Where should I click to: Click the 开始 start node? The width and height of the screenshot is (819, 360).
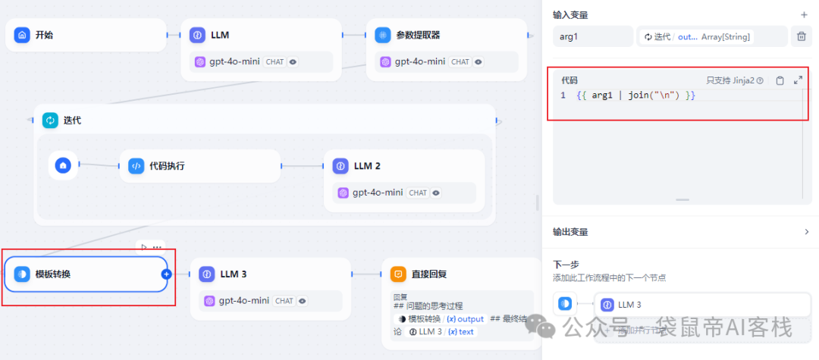[x=44, y=35]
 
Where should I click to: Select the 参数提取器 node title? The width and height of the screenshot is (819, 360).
[x=418, y=35]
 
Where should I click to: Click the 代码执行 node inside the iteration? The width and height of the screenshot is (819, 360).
[x=166, y=165]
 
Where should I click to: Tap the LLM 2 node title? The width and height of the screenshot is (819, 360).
[x=367, y=165]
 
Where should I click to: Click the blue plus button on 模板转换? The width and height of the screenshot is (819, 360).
[x=167, y=274]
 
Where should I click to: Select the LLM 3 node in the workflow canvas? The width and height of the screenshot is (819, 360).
[x=233, y=274]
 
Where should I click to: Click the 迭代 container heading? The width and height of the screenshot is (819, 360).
[x=72, y=121]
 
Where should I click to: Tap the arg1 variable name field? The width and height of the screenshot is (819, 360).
[x=592, y=36]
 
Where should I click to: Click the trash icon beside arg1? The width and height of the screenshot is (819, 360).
[x=801, y=36]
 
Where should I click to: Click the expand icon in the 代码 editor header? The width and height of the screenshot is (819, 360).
[x=798, y=80]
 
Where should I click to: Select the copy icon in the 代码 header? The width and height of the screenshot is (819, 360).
[x=780, y=80]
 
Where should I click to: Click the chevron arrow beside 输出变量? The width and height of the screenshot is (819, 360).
[x=805, y=232]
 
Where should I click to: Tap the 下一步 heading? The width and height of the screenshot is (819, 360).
[x=566, y=265]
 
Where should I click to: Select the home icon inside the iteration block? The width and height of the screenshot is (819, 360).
[x=64, y=164]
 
